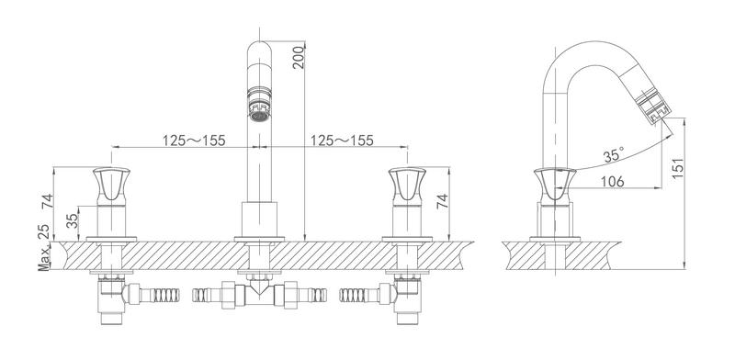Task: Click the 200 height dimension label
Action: [x=298, y=58]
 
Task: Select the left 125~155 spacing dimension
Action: [x=194, y=141]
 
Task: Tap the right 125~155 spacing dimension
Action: [x=342, y=141]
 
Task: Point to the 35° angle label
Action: [x=614, y=154]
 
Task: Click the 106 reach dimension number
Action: [x=611, y=181]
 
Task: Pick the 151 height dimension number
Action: [x=678, y=168]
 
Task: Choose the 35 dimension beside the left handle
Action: [x=73, y=220]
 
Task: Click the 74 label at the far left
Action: [x=47, y=201]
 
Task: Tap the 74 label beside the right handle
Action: [x=442, y=201]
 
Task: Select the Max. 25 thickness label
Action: [x=44, y=248]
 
